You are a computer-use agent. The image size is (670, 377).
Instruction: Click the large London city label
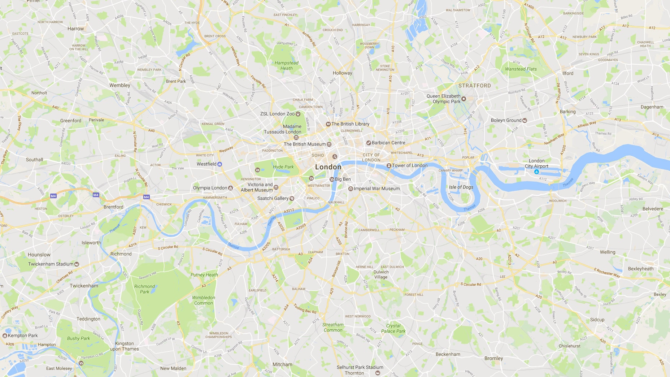[328, 167]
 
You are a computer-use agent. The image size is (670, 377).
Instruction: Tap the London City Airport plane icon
[536, 172]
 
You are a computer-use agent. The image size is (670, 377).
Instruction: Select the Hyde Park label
[283, 167]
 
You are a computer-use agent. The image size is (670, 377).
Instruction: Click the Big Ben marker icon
[332, 179]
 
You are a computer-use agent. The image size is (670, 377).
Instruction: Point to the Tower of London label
[410, 165]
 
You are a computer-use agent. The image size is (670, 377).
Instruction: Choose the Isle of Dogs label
[461, 187]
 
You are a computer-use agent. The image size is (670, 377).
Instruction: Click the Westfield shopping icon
[219, 164]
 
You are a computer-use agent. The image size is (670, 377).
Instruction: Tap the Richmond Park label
[144, 289]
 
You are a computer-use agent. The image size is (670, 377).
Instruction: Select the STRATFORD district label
[474, 86]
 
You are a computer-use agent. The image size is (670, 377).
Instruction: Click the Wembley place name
[119, 85]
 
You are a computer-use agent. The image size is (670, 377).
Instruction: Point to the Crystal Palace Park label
[393, 328]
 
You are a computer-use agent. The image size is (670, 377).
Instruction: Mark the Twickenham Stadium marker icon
[77, 264]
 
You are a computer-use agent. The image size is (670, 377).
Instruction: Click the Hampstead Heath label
[286, 65]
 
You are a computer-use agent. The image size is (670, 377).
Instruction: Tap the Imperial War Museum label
[377, 188]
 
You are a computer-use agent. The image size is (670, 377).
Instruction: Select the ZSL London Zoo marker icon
[298, 114]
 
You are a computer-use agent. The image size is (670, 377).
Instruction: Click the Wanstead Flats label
[521, 69]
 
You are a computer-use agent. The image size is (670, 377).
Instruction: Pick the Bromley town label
[493, 358]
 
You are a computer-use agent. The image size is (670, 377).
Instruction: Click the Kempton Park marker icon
[5, 335]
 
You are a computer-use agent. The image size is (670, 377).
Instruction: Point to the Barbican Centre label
[388, 143]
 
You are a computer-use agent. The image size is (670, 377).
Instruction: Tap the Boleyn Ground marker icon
[525, 120]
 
